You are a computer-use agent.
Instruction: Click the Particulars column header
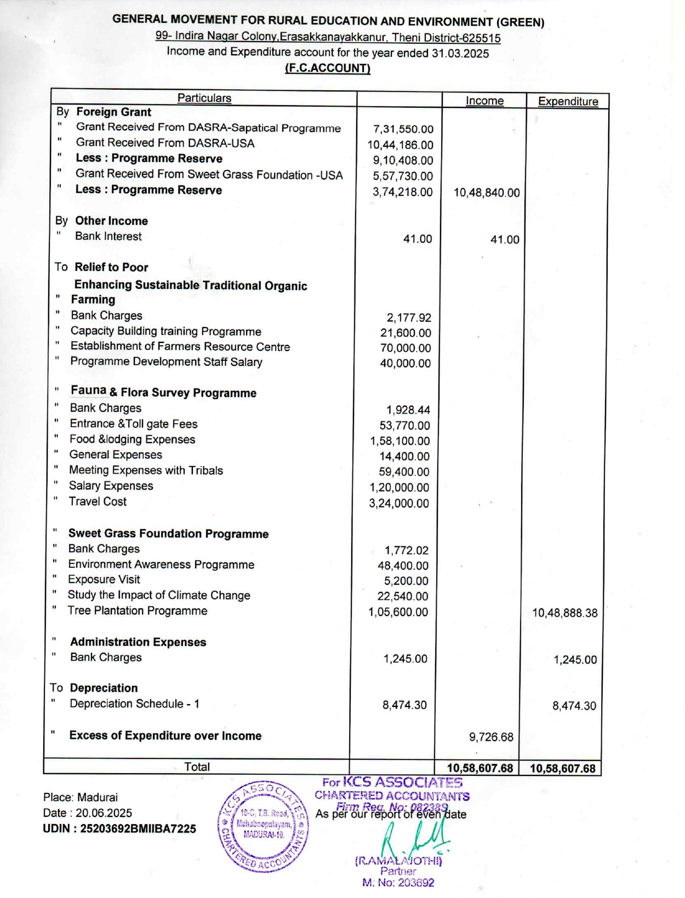click(x=204, y=98)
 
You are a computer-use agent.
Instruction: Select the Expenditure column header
click(x=568, y=101)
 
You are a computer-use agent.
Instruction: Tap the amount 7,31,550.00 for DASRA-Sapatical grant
click(x=403, y=129)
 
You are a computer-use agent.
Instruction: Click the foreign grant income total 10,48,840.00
click(x=487, y=193)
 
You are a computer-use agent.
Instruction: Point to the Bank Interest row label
click(x=108, y=237)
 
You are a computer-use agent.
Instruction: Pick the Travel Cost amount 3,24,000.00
click(x=399, y=503)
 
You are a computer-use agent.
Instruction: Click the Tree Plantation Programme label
click(x=138, y=611)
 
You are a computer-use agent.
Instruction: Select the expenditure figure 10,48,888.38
click(x=564, y=613)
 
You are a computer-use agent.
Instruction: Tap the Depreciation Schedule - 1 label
click(x=134, y=704)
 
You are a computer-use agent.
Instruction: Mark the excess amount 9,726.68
click(x=491, y=738)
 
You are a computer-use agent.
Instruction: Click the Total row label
click(x=197, y=767)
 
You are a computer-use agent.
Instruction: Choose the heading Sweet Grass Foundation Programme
click(x=168, y=534)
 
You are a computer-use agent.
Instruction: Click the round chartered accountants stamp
click(x=263, y=826)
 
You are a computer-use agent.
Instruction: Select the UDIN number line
click(x=119, y=829)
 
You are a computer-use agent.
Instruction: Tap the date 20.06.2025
click(x=104, y=813)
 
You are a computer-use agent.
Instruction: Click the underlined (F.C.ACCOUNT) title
click(x=328, y=68)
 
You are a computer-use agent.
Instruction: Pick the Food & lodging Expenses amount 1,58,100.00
click(x=399, y=441)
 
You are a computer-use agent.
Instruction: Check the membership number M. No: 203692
click(x=398, y=883)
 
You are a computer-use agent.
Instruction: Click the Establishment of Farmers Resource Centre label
click(x=180, y=347)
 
